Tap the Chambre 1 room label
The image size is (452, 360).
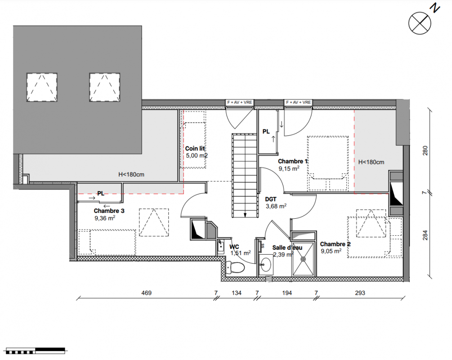[x=293, y=161]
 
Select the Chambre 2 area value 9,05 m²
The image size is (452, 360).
[x=331, y=251]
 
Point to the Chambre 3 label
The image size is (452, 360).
[x=109, y=211]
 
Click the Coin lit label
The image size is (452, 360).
[x=195, y=148]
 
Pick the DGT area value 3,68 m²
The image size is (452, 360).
[x=276, y=206]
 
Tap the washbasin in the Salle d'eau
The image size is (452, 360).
[x=266, y=264]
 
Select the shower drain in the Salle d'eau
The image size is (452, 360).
[x=303, y=259]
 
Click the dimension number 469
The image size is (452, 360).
[x=147, y=293]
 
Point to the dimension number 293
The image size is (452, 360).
[x=360, y=293]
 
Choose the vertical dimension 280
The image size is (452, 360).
[x=425, y=151]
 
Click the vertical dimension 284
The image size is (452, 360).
[x=425, y=235]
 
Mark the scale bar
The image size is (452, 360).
[x=36, y=351]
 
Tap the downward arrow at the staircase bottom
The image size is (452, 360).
[x=245, y=215]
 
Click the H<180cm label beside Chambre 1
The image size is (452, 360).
[x=371, y=162]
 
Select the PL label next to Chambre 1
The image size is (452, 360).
[x=266, y=131]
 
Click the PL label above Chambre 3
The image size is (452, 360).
[x=101, y=193]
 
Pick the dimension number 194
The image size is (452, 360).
[x=287, y=293]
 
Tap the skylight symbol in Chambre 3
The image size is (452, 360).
[x=154, y=222]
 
